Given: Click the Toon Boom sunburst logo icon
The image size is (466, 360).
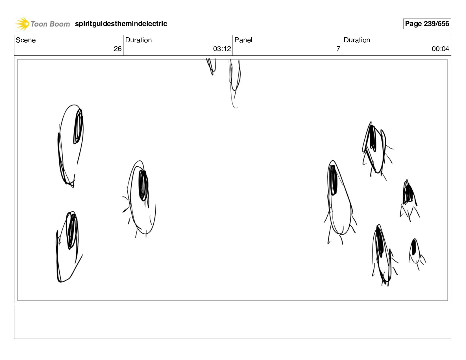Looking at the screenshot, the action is point(22,24).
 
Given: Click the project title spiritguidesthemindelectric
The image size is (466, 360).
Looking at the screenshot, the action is point(121,24).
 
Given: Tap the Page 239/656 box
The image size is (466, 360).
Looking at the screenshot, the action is point(427,24).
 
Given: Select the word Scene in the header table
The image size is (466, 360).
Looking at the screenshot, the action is point(26,40).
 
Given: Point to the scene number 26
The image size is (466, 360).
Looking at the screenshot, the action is point(117,49).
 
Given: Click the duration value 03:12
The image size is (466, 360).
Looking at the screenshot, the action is point(222,49).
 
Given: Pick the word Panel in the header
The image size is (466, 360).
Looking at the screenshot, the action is point(243,40).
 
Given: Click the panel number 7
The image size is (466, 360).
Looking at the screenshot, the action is point(338,49).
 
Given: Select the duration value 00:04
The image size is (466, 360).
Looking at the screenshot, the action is point(440,49).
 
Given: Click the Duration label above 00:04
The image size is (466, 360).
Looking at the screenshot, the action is point(357,40).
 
